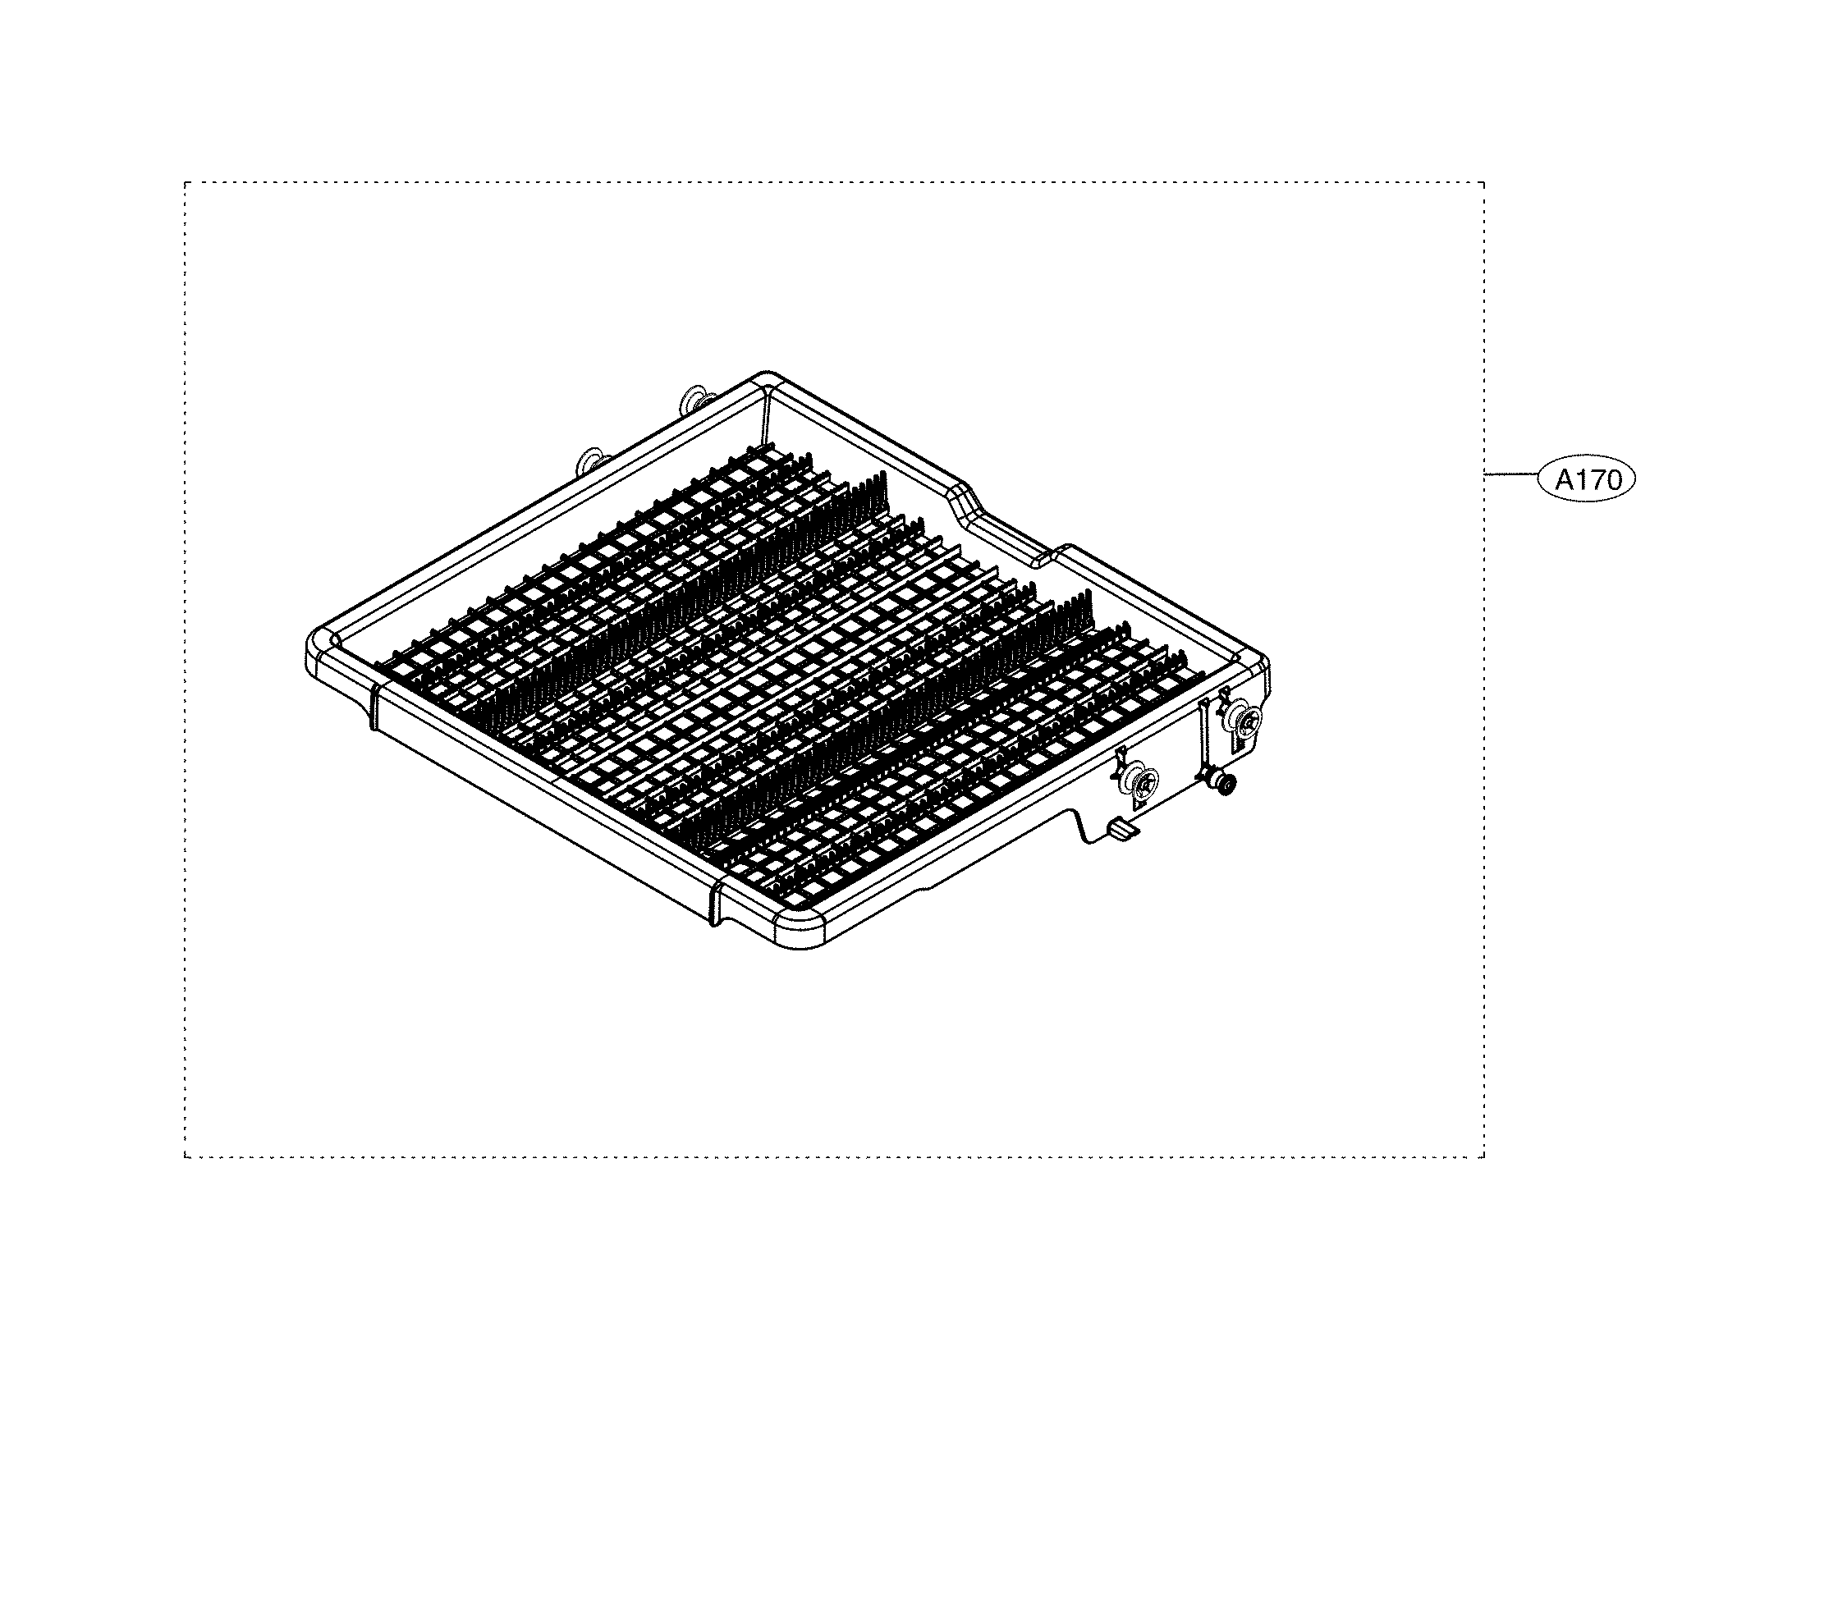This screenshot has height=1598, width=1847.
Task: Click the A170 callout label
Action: [1588, 481]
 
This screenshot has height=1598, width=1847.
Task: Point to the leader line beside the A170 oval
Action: [1512, 474]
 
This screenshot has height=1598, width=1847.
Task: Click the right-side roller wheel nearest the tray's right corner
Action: [1244, 719]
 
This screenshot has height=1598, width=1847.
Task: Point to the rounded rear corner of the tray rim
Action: [764, 378]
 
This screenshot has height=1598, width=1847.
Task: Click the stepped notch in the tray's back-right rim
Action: [1008, 526]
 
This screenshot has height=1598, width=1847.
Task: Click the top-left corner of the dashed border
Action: [186, 183]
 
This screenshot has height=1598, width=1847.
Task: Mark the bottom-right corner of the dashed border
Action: [1484, 1157]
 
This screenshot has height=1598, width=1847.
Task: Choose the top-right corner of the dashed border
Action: [1484, 183]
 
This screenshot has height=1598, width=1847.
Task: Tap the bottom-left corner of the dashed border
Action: [186, 1157]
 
